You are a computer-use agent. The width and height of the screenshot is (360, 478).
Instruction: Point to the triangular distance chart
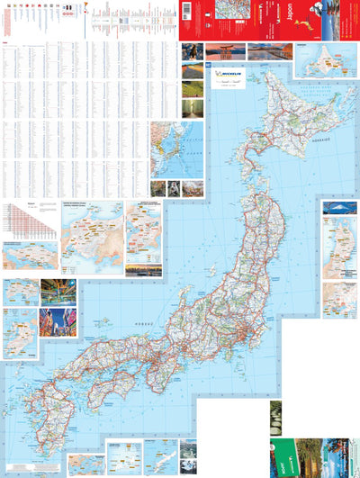tap(26, 220)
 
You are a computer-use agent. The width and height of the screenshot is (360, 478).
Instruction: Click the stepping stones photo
tap(275, 417)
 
